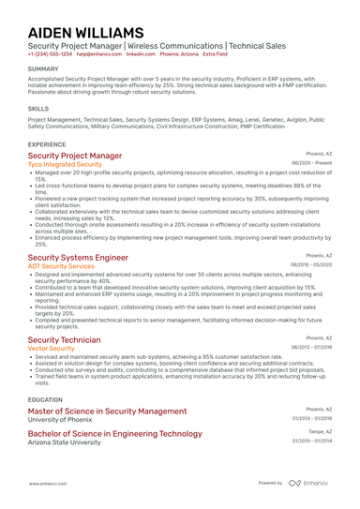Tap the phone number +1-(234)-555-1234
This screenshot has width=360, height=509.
tap(49, 54)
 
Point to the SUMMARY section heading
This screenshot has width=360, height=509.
tap(43, 69)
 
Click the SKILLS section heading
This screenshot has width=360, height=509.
tap(38, 109)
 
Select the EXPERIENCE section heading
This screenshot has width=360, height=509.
tap(47, 144)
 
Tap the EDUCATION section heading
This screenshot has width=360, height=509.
tap(46, 398)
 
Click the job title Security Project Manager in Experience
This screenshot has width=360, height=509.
tap(75, 156)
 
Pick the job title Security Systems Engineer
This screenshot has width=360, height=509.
tap(78, 257)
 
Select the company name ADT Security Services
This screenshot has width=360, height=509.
tap(61, 266)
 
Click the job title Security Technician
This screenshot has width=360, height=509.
tap(64, 338)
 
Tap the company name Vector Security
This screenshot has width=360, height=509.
tap(52, 348)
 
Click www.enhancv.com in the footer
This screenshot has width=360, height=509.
tap(47, 483)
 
